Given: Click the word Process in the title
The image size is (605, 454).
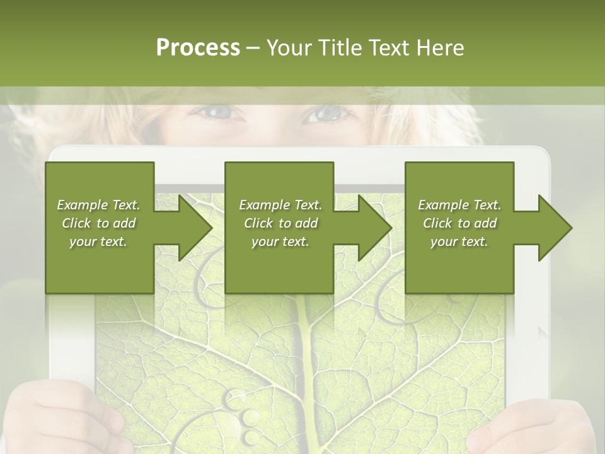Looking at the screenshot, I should (x=198, y=48).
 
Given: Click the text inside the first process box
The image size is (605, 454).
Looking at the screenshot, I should (x=99, y=223).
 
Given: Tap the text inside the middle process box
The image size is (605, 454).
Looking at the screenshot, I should (x=280, y=223).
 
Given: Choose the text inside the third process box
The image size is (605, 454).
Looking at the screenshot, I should (x=459, y=223).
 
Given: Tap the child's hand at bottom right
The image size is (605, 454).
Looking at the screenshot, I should (x=536, y=429).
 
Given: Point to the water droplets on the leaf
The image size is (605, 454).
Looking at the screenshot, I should (x=246, y=416).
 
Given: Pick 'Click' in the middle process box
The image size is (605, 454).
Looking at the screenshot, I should (x=258, y=223).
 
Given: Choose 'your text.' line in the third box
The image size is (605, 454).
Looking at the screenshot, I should (x=459, y=242).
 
